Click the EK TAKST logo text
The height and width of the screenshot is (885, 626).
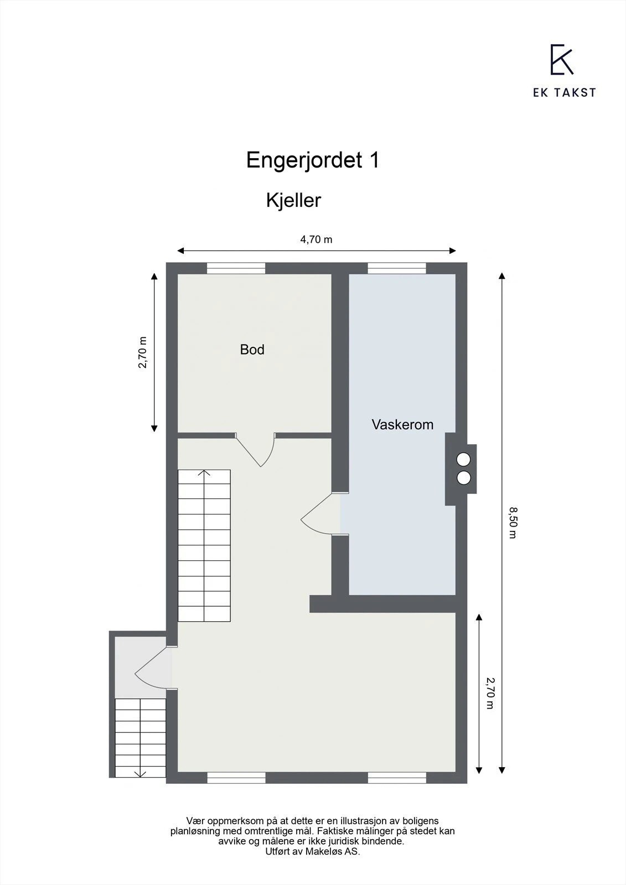pyautogui.click(x=564, y=93)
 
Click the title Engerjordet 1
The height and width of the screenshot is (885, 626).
pyautogui.click(x=313, y=160)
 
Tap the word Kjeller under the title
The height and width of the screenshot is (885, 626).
pyautogui.click(x=293, y=200)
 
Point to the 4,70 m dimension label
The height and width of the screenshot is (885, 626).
pyautogui.click(x=316, y=240)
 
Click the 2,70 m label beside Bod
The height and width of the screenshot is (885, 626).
pyautogui.click(x=143, y=352)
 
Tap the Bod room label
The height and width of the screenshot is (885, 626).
pyautogui.click(x=252, y=350)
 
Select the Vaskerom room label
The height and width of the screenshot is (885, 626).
pyautogui.click(x=402, y=425)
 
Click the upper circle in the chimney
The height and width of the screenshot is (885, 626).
pyautogui.click(x=463, y=459)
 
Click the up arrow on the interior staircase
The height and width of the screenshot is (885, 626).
pyautogui.click(x=204, y=474)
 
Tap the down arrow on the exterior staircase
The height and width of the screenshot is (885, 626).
pyautogui.click(x=141, y=773)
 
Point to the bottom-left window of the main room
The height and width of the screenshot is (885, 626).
pyautogui.click(x=236, y=778)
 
